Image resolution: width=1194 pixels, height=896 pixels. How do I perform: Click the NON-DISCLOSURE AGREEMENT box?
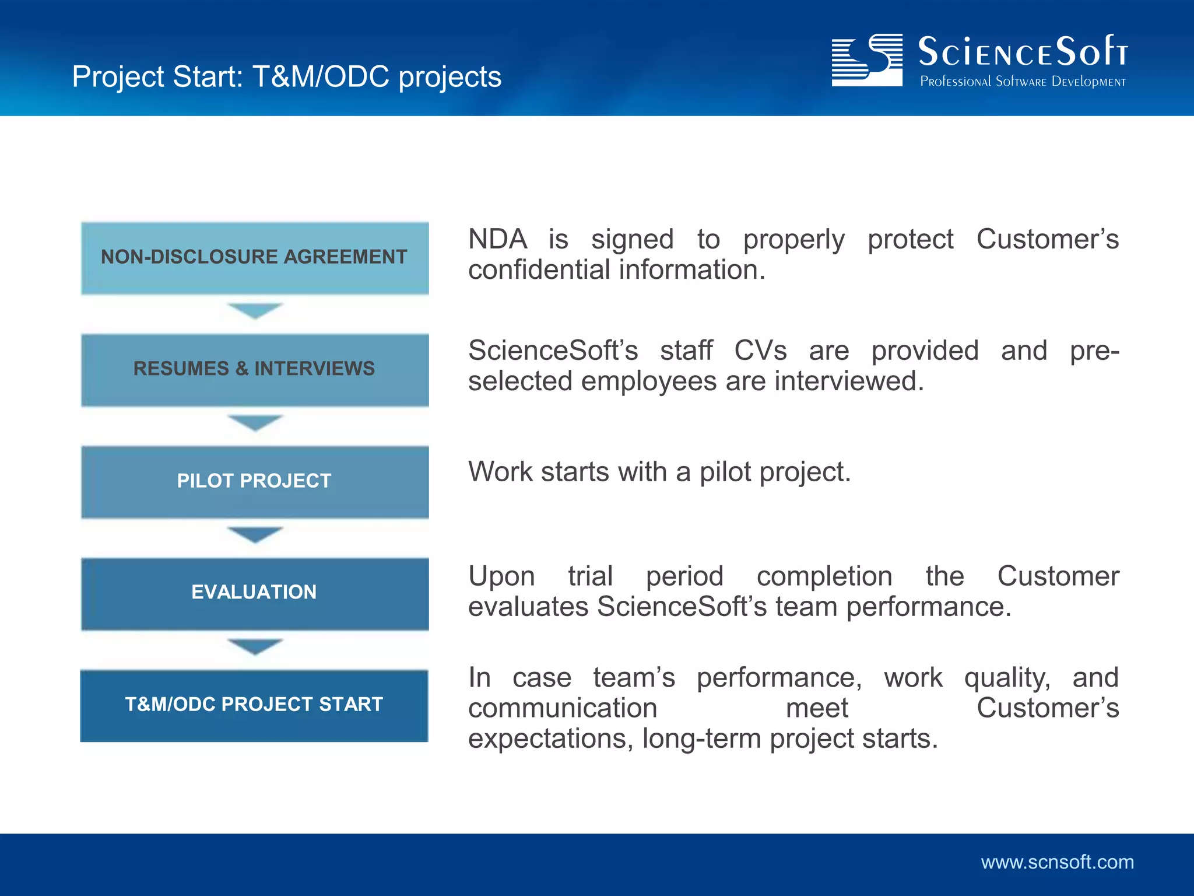point(255,257)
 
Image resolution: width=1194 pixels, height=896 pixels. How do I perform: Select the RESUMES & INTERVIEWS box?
point(255,369)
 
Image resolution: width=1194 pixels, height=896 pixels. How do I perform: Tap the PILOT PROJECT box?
point(255,481)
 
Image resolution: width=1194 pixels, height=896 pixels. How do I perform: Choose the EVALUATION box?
point(255,593)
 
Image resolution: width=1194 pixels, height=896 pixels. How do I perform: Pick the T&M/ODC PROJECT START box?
point(255,705)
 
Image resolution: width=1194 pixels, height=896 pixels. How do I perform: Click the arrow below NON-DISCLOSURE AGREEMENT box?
point(255,310)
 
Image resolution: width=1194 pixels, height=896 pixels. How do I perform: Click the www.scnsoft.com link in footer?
point(1057,862)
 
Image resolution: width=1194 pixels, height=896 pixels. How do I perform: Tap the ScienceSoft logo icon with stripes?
point(867,60)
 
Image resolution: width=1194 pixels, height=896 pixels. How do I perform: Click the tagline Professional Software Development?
point(1023,82)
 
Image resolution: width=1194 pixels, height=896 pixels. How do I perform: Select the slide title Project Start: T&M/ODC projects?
point(286,77)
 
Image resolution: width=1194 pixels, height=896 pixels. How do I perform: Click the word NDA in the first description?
point(497,240)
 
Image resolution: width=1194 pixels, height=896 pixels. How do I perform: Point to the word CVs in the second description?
point(760,351)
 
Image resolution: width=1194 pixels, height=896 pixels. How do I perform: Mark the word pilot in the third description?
point(725,472)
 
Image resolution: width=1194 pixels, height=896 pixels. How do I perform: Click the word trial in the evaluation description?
point(590,576)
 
